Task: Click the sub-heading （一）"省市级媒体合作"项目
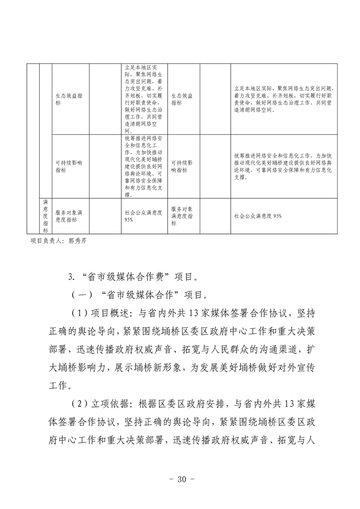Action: pyautogui.click(x=139, y=295)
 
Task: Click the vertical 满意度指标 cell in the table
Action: pyautogui.click(x=45, y=215)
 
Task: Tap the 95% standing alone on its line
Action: pyautogui.click(x=128, y=220)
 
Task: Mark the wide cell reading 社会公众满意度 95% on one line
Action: pyautogui.click(x=258, y=216)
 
